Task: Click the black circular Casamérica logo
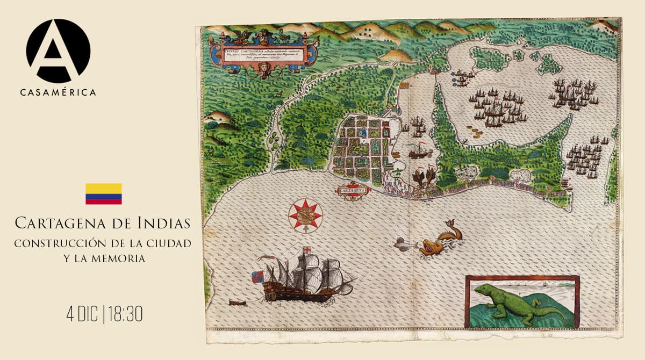click(58, 51)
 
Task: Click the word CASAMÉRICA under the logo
click(58, 92)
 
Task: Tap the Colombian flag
click(103, 194)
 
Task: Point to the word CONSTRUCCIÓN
click(58, 243)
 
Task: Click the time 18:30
click(125, 314)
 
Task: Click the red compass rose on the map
click(305, 215)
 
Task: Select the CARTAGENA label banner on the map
click(352, 190)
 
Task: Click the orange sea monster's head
click(430, 248)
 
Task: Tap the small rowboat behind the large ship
click(236, 303)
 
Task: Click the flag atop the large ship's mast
click(306, 250)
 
